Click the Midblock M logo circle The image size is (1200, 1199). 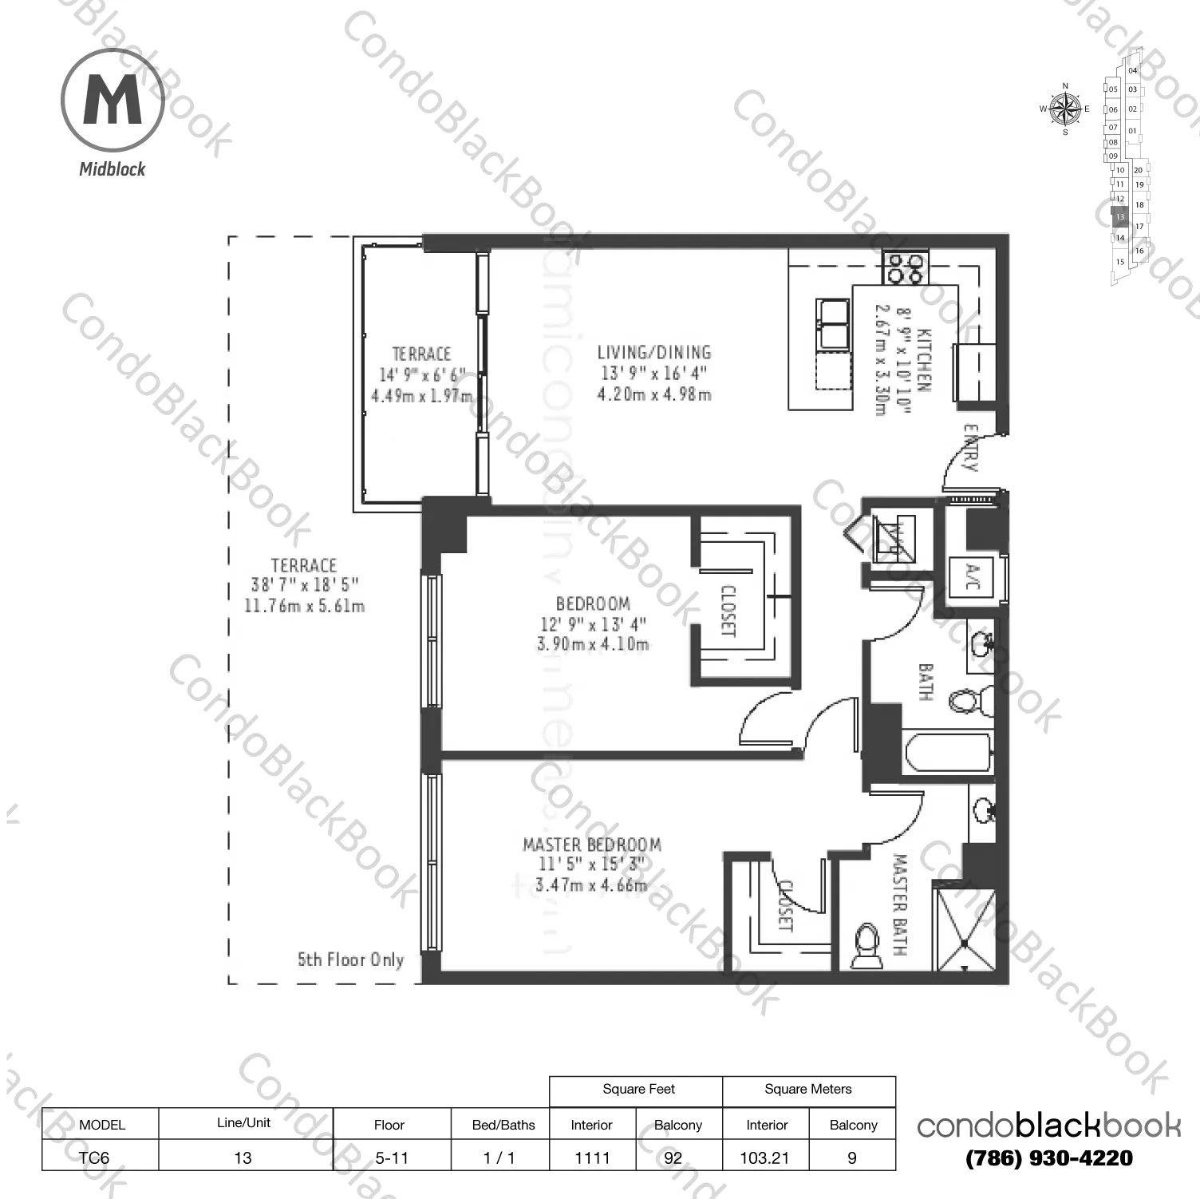pos(112,101)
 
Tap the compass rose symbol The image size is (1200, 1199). pos(1064,109)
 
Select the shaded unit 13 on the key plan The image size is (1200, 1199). pos(1119,216)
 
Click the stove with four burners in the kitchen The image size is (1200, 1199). pos(906,267)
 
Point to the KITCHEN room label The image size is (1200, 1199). pos(922,358)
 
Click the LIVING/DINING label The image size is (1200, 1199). pos(653,352)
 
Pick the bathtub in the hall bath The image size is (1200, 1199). pos(948,752)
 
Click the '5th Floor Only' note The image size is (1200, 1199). pos(350,960)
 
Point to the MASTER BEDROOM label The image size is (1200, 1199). pos(591,844)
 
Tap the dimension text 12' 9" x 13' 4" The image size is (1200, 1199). pos(593,624)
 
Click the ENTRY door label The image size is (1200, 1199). pos(970,447)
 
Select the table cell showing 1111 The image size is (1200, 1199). pos(592,1157)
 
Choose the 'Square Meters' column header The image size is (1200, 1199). pos(807,1090)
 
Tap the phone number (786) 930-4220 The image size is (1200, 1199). pos(1048,1157)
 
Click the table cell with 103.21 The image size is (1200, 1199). pos(765,1157)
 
